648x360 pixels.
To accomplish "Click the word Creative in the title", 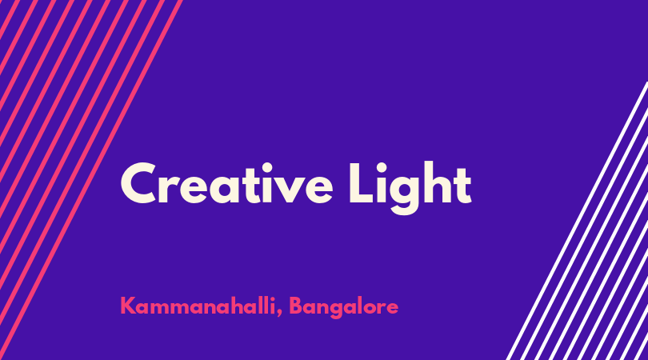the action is tap(226, 183).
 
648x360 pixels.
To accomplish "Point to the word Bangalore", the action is tap(343, 307).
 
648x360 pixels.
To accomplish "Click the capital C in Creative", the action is tap(138, 183).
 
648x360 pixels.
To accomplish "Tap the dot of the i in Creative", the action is tap(267, 168).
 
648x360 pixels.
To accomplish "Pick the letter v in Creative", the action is tap(290, 190).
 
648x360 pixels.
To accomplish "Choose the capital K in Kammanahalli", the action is tap(127, 306).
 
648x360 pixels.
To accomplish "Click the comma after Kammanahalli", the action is tap(279, 314).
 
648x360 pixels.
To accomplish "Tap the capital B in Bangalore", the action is tap(295, 306).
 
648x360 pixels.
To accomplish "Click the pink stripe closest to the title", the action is tap(91, 180).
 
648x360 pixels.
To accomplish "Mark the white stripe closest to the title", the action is tap(577, 221).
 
